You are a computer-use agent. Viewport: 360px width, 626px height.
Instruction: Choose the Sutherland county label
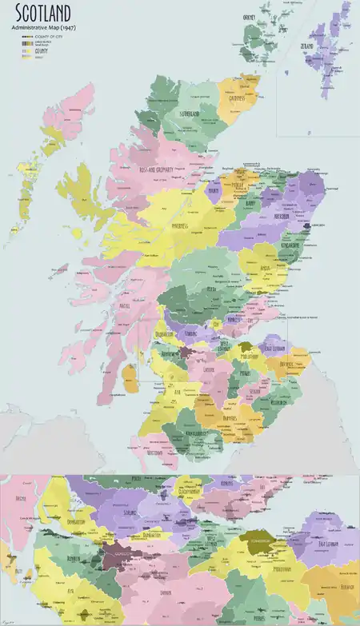click(x=189, y=114)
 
